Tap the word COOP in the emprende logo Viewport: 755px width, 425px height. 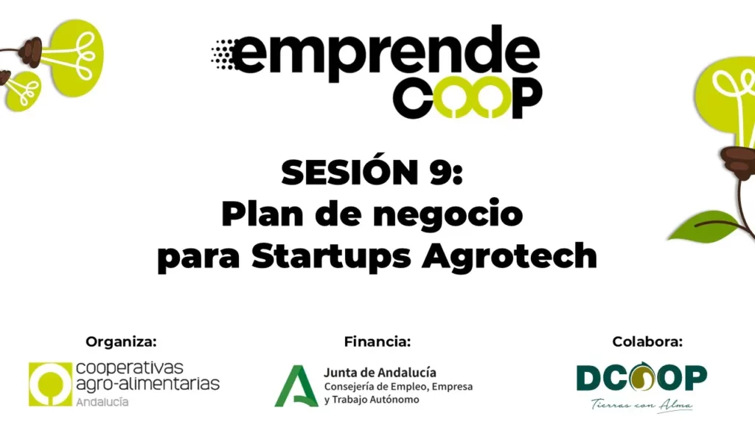pos(467,97)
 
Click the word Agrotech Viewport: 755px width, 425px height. pos(509,256)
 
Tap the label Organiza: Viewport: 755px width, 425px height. pos(122,342)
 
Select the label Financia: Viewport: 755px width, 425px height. pos(377,342)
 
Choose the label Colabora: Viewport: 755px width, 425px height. pos(647,342)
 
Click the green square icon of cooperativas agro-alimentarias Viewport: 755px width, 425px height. pos(50,384)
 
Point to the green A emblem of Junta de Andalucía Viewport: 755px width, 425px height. pos(296,386)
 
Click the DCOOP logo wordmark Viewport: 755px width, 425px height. pos(642,377)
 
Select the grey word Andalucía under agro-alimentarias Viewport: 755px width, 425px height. pos(102,401)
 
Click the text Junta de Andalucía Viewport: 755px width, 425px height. pos(380,373)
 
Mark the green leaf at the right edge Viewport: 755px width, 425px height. pos(703,226)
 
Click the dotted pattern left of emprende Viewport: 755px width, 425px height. pos(223,55)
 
